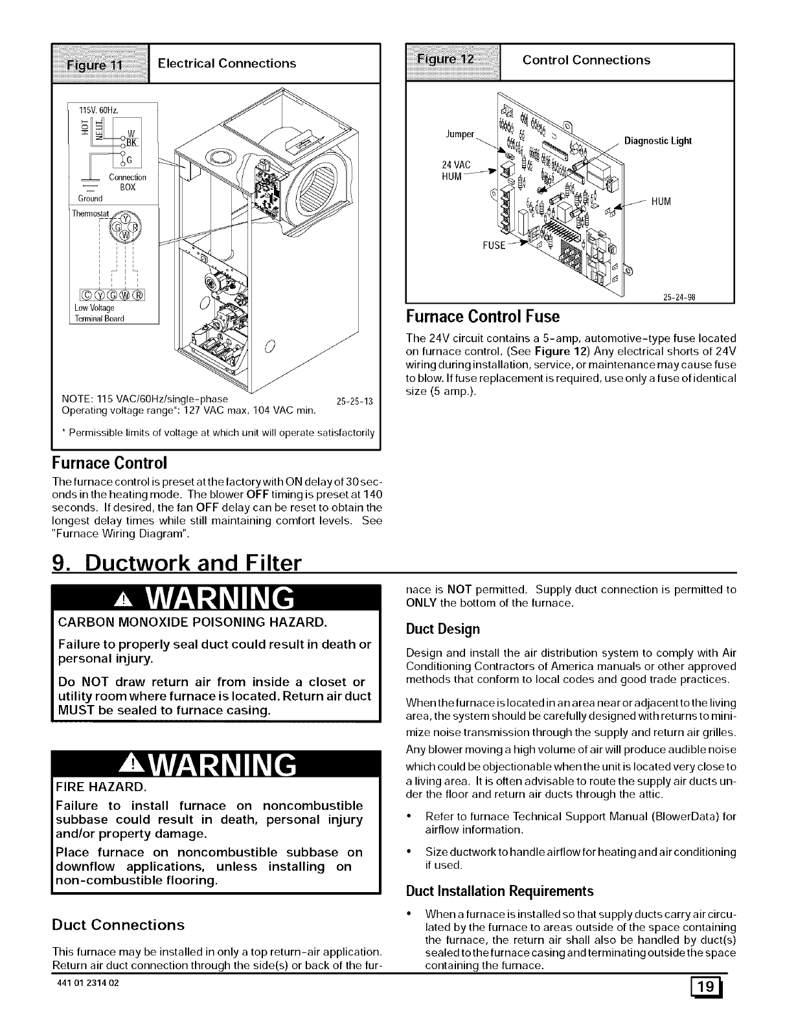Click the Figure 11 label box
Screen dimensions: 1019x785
tap(100, 63)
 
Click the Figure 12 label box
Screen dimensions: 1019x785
tap(453, 61)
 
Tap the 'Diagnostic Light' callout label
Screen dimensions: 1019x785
tap(657, 141)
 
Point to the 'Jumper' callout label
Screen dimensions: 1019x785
tap(461, 135)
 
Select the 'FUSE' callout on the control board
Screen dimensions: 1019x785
tap(494, 245)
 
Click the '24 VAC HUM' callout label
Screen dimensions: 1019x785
tap(455, 169)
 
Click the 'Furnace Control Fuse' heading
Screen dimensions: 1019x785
tap(483, 317)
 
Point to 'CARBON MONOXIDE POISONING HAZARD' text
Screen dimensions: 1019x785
tap(192, 623)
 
